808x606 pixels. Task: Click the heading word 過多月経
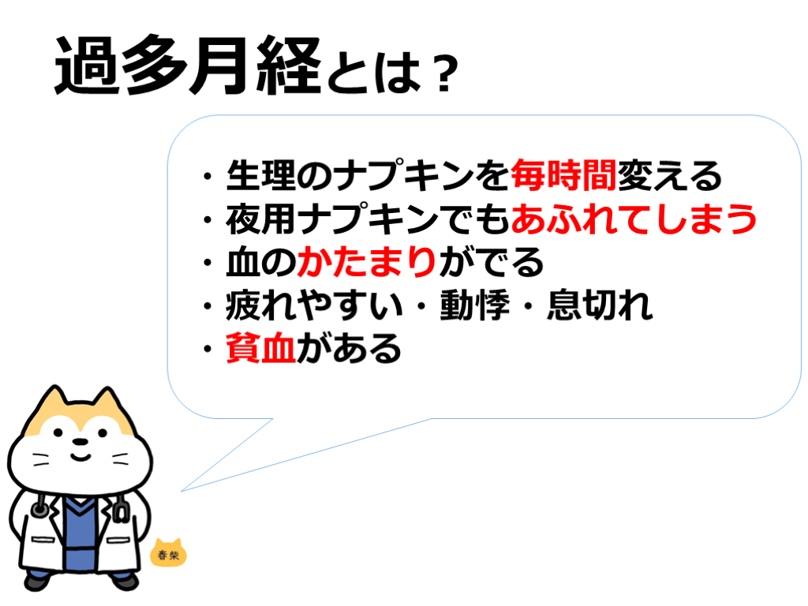(x=188, y=65)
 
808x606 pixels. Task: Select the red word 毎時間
(x=563, y=175)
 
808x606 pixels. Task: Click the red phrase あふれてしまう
(x=634, y=219)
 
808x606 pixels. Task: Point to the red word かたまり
(x=368, y=262)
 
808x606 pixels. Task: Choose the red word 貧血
(x=260, y=348)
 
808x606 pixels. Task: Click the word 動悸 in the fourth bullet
(x=474, y=305)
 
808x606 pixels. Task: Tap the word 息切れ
(x=600, y=305)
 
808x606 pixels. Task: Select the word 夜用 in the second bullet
(x=260, y=219)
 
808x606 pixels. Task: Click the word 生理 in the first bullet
(x=260, y=175)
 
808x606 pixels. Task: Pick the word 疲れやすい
(x=314, y=305)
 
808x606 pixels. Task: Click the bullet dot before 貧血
(x=208, y=350)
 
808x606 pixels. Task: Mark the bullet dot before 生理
(x=208, y=176)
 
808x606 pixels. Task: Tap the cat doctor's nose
(x=80, y=442)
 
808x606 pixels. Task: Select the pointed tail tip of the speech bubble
(x=181, y=491)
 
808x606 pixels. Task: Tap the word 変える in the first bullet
(x=669, y=175)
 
